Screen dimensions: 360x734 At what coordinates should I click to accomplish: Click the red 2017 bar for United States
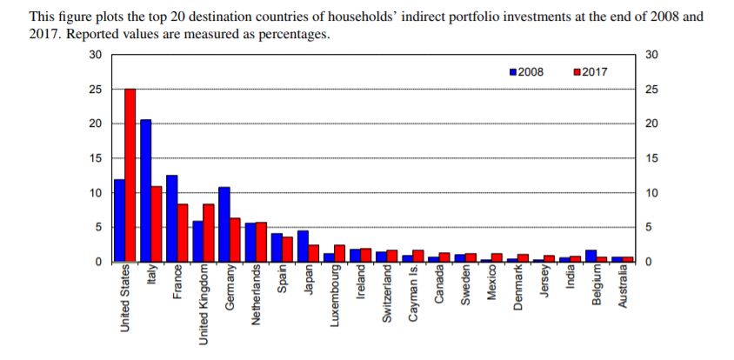pyautogui.click(x=130, y=174)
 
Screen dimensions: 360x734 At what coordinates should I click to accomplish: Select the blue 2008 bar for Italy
pyautogui.click(x=145, y=190)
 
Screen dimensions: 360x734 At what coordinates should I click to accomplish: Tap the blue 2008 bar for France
pyautogui.click(x=171, y=217)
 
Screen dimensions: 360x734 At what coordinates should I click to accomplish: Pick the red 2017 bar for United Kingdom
pyautogui.click(x=209, y=232)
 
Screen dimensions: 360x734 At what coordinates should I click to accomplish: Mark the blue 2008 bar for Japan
pyautogui.click(x=302, y=245)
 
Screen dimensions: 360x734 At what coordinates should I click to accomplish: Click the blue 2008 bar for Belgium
pyautogui.click(x=591, y=256)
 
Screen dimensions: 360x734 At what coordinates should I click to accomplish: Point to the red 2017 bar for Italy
pyautogui.click(x=157, y=223)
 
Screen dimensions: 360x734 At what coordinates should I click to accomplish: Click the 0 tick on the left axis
pyautogui.click(x=98, y=262)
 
